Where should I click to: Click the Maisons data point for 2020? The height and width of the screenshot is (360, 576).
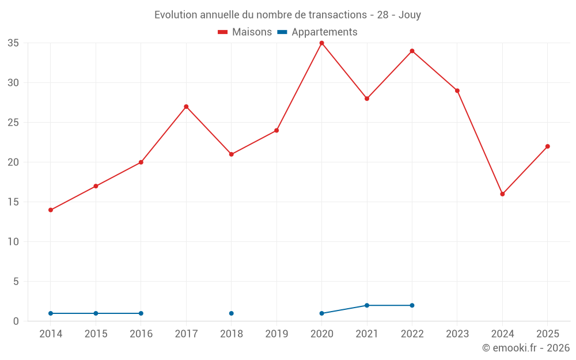tap(322, 43)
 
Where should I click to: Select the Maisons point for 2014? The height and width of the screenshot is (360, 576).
tap(51, 210)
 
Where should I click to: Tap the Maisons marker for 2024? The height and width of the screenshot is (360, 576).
tap(502, 194)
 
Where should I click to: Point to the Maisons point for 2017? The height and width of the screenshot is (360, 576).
tap(186, 107)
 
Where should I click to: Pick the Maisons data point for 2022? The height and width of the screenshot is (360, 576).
tap(412, 51)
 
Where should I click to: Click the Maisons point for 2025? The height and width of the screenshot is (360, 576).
tap(548, 146)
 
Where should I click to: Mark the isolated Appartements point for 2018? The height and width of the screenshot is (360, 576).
tap(232, 313)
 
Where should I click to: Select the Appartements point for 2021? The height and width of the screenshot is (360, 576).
tap(367, 305)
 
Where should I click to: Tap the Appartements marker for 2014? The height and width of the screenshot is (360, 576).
tap(51, 313)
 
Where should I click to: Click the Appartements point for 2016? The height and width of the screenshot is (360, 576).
tap(141, 313)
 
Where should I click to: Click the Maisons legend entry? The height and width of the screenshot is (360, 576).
tap(245, 32)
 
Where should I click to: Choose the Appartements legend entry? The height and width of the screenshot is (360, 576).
tap(317, 32)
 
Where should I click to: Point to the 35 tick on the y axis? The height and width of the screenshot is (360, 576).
tap(13, 43)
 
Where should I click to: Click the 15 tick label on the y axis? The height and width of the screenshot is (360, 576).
tap(13, 202)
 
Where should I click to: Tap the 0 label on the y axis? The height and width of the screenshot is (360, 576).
tap(16, 321)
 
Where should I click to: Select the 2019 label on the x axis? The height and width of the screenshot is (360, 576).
tap(276, 334)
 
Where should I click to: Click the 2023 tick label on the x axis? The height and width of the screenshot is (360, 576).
tap(457, 334)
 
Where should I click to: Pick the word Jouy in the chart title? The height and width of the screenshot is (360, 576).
tap(410, 15)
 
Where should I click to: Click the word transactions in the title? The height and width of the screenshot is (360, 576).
tap(338, 15)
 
